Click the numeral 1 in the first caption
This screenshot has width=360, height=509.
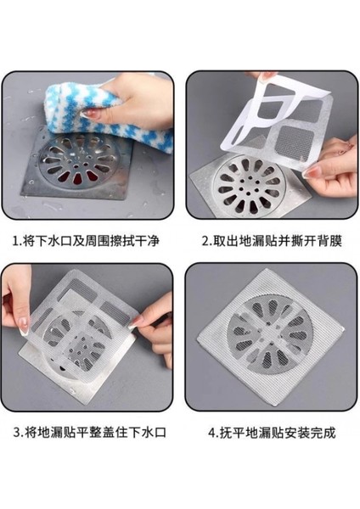coord(15,242)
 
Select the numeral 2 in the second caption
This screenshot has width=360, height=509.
coord(205,242)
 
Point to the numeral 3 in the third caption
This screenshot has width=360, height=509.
coord(17,433)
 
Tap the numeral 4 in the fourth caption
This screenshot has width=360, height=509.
coord(212,433)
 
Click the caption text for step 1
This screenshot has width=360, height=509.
coord(86,242)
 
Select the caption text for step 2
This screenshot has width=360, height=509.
coord(272,242)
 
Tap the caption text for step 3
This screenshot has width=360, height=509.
coord(90,433)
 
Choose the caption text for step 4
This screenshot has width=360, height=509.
coord(272,433)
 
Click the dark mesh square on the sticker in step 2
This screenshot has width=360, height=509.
coord(295,143)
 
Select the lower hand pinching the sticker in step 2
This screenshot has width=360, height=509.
coord(331,169)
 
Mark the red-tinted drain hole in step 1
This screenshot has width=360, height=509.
coord(78,178)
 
